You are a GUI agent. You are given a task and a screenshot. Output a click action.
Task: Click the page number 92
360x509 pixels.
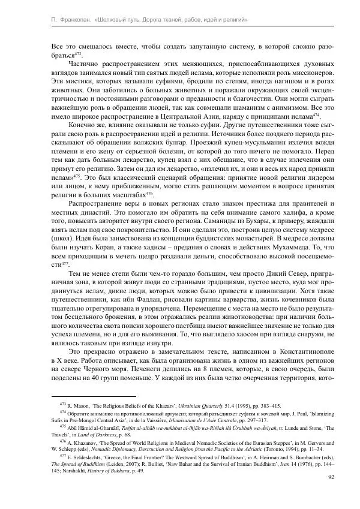click(x=331, y=477)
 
